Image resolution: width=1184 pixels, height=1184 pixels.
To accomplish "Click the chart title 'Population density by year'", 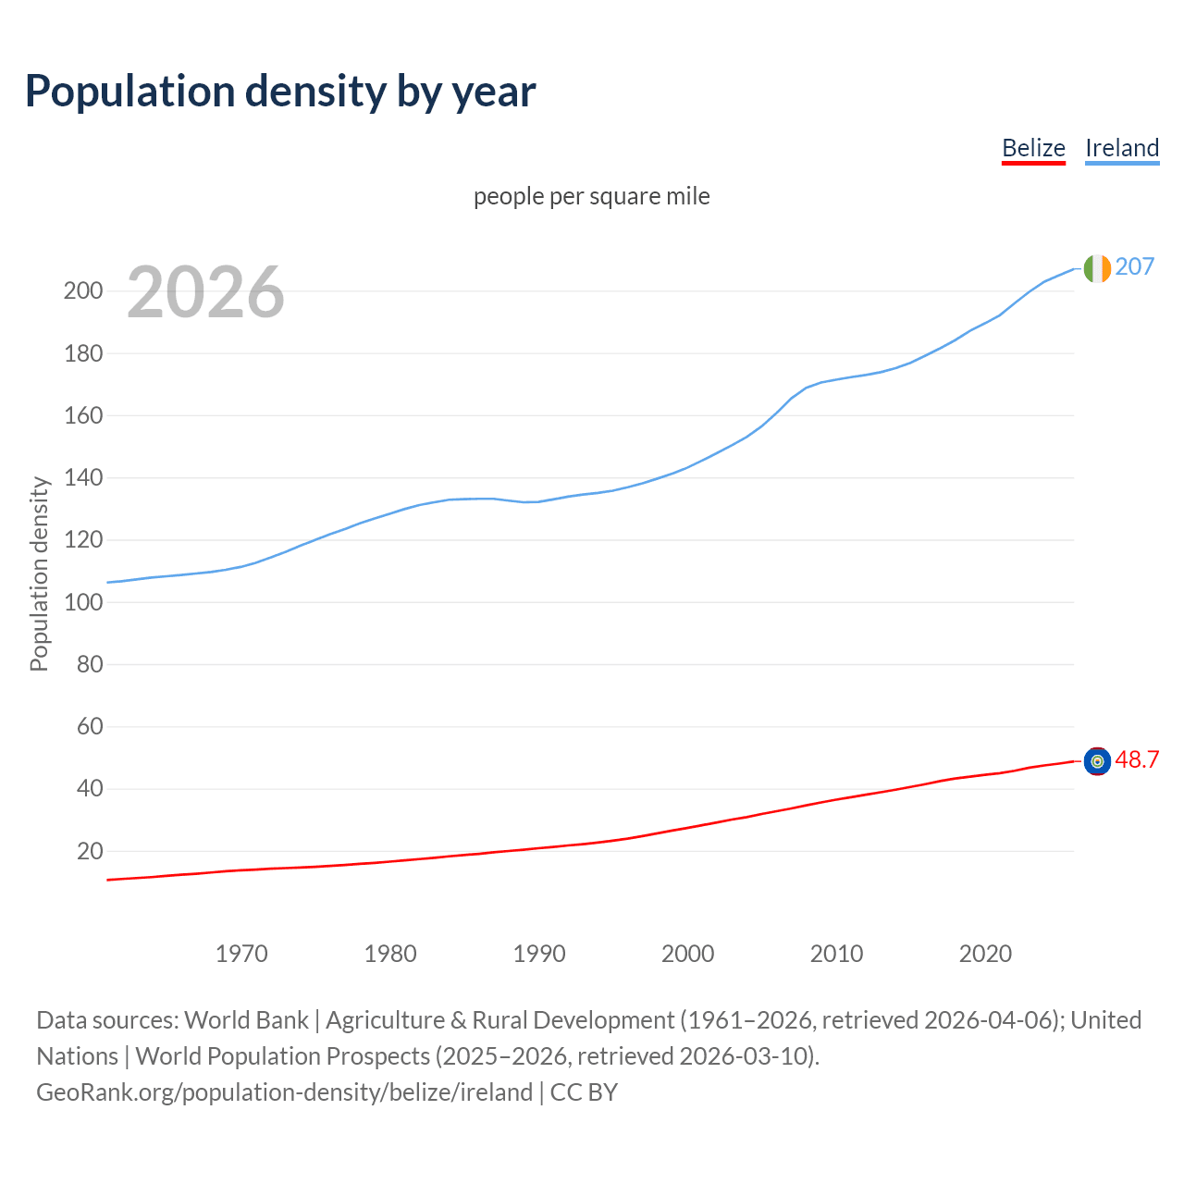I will [x=280, y=91].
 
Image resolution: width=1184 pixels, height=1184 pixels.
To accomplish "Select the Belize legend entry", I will [x=1033, y=148].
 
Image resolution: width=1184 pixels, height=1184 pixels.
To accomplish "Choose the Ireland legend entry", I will [x=1121, y=148].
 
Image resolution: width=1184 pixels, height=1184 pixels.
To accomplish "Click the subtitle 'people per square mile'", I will [x=591, y=196].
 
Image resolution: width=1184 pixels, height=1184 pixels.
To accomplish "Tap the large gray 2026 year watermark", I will [x=205, y=292].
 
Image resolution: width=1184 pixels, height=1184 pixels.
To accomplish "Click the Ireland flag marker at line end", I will [x=1096, y=267].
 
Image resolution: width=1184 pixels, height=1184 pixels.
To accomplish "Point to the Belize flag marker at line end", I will [x=1097, y=761].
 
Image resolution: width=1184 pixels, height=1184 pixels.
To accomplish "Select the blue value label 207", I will [x=1134, y=266].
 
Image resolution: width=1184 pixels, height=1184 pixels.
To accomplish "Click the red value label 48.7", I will [x=1137, y=759].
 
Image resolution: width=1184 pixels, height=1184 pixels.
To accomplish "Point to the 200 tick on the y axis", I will [x=82, y=291].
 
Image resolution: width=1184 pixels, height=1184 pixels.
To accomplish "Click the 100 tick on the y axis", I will [x=82, y=602].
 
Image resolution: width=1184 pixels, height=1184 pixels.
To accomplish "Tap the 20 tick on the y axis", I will [x=90, y=851].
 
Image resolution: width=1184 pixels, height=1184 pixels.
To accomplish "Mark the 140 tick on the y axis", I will [x=82, y=478].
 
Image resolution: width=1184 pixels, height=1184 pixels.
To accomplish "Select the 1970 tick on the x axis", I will [x=241, y=954].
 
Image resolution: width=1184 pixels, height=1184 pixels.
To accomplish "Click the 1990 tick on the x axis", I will [x=539, y=954].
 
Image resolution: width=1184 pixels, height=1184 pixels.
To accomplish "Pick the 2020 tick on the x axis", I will [x=985, y=954].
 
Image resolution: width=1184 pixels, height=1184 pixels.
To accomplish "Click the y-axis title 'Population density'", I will [x=39, y=573].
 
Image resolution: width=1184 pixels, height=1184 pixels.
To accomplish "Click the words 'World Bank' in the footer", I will [x=246, y=1020].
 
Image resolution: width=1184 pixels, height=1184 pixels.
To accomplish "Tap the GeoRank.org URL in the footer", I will [x=284, y=1092].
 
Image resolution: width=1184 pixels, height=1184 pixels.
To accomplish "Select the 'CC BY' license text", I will [x=584, y=1092].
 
